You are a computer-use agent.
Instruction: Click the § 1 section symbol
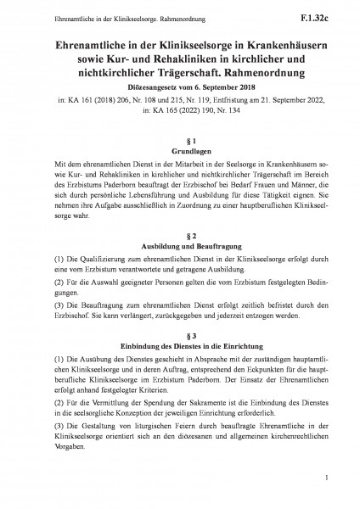[x=180, y=138]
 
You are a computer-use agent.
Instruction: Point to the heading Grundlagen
[x=180, y=149]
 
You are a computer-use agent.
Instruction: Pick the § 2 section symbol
[x=180, y=233]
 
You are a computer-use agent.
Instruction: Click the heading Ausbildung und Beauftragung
[x=180, y=245]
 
